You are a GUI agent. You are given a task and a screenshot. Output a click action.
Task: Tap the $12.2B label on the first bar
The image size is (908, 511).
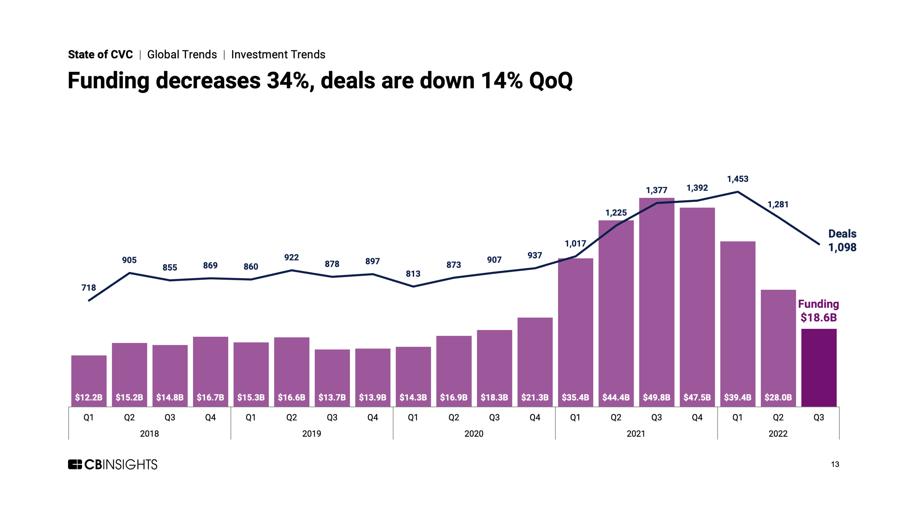coord(89,397)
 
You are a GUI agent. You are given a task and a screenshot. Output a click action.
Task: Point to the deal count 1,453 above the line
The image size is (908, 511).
coord(737,179)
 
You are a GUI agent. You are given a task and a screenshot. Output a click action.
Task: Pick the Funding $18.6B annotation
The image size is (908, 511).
coord(818,311)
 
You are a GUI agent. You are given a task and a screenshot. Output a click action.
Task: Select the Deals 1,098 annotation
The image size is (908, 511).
coord(842,240)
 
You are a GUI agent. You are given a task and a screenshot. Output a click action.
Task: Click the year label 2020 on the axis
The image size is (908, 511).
coord(474,434)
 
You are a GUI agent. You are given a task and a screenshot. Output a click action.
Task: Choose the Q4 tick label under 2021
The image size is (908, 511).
coord(697,418)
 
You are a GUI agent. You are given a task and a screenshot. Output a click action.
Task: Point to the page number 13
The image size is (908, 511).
coord(835,465)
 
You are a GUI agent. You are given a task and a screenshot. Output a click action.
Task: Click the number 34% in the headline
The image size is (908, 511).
coord(288,81)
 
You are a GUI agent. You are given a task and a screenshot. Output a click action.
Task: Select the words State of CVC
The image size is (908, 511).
coord(100,55)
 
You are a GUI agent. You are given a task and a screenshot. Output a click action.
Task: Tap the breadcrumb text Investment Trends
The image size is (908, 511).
coord(278,55)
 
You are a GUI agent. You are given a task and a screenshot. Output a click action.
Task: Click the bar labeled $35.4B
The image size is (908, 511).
coord(575,331)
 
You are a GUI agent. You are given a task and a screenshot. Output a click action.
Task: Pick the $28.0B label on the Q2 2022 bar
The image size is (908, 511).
coord(778,397)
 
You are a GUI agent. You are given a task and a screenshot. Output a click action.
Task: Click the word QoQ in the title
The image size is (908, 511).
coord(551,81)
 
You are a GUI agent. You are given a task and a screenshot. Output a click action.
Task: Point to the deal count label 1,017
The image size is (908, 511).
coord(575,244)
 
